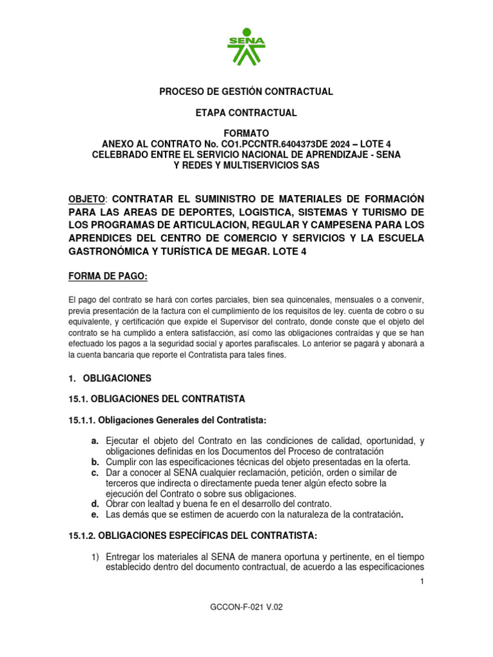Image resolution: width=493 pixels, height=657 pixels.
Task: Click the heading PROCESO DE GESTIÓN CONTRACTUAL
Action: (246, 92)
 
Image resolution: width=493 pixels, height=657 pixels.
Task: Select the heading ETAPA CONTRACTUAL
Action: (246, 113)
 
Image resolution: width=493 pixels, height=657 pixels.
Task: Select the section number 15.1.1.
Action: (82, 420)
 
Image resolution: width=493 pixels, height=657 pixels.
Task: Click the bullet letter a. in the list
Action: (95, 441)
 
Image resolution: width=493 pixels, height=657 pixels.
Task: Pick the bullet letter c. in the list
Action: (95, 473)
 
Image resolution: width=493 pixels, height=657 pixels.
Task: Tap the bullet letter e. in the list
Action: (95, 515)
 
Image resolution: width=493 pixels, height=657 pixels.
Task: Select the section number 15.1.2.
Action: (82, 535)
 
